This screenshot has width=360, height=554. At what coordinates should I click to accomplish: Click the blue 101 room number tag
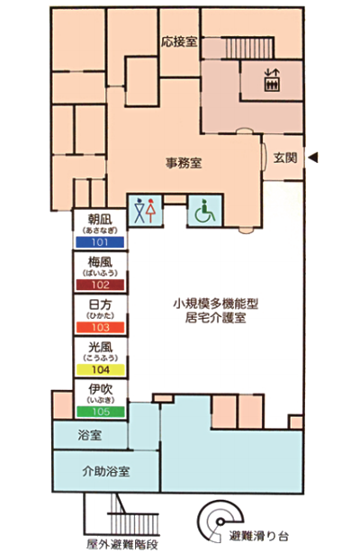100,242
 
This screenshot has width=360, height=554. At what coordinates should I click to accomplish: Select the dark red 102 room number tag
100,285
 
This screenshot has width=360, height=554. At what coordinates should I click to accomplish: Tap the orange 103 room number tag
100,327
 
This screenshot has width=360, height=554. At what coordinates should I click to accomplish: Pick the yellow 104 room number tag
100,369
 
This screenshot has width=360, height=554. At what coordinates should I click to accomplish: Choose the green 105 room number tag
101,412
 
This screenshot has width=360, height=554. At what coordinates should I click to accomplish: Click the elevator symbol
272,80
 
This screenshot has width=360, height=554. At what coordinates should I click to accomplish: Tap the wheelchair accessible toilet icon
205,211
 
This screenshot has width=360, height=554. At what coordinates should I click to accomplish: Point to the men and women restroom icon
146,211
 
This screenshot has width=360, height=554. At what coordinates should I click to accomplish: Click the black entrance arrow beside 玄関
313,158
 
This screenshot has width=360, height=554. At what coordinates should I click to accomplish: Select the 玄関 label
285,158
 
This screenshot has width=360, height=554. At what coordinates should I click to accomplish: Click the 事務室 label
184,163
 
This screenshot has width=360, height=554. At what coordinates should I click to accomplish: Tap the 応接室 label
179,42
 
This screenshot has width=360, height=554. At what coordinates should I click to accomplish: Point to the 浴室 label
90,435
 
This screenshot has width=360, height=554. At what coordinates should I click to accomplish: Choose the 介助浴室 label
106,471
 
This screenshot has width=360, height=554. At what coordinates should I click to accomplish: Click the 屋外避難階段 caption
122,544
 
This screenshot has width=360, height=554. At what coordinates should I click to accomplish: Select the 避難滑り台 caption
258,536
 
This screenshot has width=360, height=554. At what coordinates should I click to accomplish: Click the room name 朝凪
100,220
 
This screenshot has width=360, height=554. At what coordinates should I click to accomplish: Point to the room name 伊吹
101,389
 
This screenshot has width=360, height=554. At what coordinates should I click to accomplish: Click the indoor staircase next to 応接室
249,48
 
